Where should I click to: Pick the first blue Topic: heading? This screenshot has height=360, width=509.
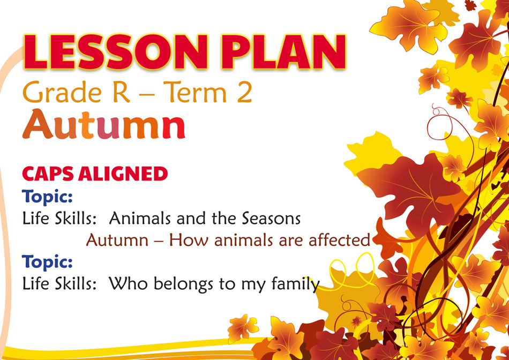pos(47,197)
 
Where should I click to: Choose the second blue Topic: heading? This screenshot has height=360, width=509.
pos(47,262)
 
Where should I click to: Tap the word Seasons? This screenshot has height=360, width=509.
pos(271,219)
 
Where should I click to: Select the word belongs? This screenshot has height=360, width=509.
pos(173,284)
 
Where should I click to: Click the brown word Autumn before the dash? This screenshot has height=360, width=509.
pos(115,240)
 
